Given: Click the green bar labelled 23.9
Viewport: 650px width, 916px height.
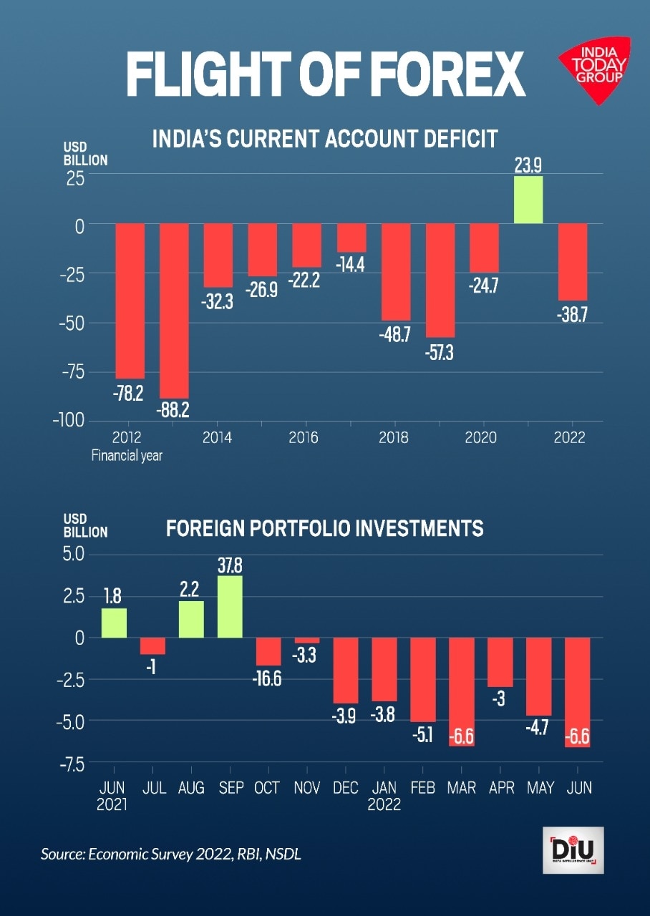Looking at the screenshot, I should point(528,200).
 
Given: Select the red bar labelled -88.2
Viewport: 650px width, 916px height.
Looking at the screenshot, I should point(174,311).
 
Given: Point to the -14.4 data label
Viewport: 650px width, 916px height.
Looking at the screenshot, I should point(351,265).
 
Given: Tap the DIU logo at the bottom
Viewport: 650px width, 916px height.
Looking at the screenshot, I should point(572,850).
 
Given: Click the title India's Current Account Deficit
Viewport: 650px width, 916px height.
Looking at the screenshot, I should point(325,138).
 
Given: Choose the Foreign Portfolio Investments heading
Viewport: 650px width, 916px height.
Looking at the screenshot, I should point(325,529).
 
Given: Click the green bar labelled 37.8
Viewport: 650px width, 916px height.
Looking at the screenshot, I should point(230,606).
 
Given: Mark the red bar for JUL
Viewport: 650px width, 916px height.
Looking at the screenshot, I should point(152,645).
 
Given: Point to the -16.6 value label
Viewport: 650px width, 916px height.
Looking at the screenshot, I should point(268,678).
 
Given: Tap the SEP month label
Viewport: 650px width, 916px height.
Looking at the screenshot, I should point(230,788).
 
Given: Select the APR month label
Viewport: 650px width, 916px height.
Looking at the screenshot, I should point(500,788).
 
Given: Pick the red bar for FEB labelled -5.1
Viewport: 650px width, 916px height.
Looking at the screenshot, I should point(423,679).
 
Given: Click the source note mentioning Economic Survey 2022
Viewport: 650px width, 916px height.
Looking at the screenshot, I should point(171,854).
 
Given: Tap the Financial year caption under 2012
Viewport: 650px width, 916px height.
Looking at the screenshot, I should point(127,455).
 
